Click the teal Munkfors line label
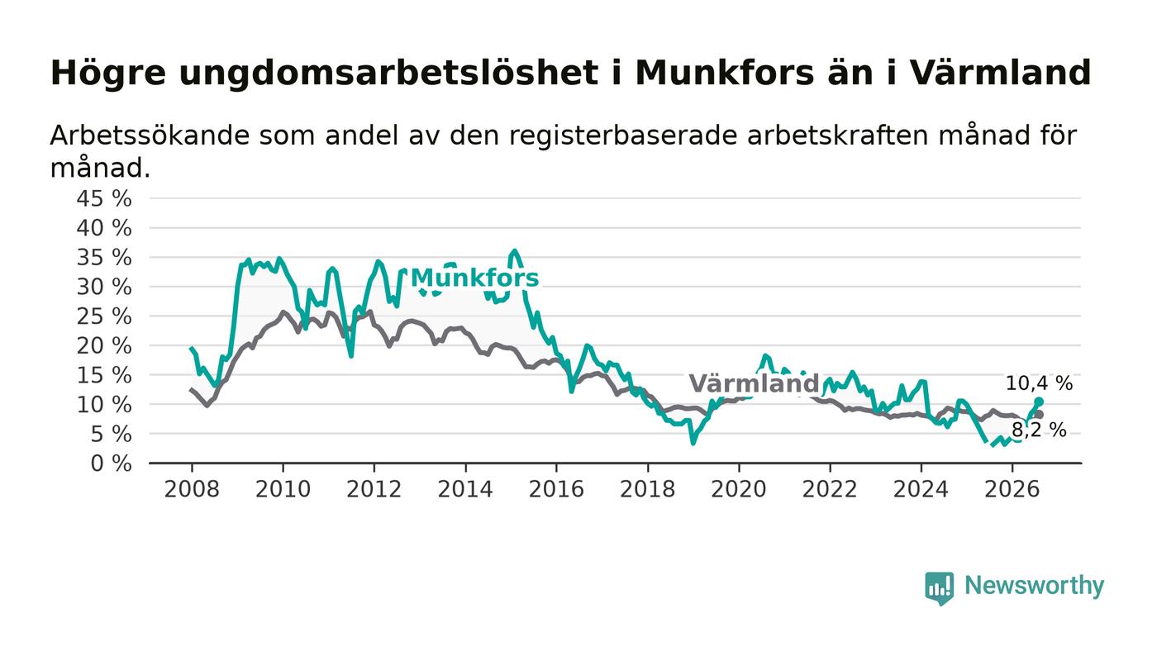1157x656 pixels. [474, 278]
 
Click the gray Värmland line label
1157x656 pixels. [754, 383]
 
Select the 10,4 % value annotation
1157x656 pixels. [1039, 383]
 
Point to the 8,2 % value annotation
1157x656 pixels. [1039, 430]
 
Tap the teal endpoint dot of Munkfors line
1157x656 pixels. [1039, 402]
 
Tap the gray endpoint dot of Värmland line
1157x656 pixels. [1040, 414]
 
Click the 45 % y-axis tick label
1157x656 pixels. [104, 198]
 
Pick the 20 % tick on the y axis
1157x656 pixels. [104, 345]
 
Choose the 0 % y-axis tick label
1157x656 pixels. [111, 463]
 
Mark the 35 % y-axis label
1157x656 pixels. [104, 257]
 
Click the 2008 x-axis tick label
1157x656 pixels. [192, 489]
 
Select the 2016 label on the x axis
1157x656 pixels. [556, 489]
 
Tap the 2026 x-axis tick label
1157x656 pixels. [1012, 489]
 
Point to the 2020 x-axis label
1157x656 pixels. [739, 489]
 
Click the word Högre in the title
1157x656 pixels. [108, 74]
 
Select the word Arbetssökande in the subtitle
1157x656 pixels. [150, 135]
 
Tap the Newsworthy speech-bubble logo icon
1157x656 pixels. [939, 587]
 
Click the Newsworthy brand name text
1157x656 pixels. [1034, 586]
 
